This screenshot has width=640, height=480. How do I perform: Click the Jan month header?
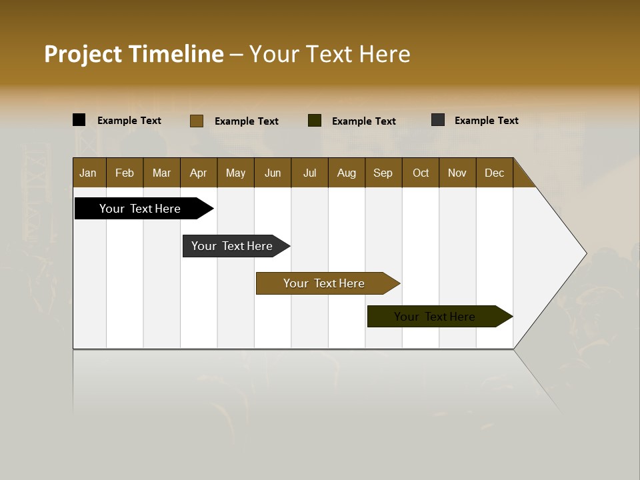point(89,173)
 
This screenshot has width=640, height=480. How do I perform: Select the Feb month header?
point(125,173)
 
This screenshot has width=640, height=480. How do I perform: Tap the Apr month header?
point(199,173)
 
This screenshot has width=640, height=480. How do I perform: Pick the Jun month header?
point(273,173)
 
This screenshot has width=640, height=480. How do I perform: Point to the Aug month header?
point(347,173)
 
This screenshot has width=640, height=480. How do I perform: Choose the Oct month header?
point(421,173)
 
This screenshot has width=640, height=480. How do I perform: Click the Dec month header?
point(495,173)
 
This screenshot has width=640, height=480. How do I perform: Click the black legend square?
point(79,120)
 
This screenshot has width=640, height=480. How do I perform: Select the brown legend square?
point(197,121)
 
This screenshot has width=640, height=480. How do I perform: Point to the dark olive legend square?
point(315,121)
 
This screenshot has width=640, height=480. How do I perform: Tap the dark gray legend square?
point(438,120)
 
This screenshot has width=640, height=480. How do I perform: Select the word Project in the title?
point(83,54)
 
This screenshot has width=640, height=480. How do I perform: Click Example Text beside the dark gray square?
point(486,120)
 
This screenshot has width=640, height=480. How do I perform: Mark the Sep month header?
point(383,173)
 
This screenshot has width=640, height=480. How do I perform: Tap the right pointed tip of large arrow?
point(585,253)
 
